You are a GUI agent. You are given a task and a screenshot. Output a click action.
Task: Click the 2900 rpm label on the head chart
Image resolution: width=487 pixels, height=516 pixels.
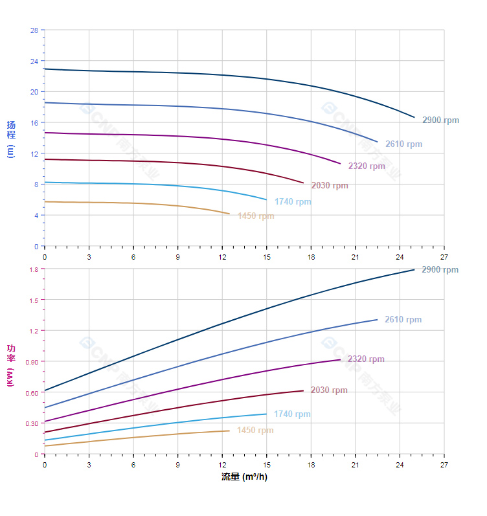pyautogui.click(x=440, y=120)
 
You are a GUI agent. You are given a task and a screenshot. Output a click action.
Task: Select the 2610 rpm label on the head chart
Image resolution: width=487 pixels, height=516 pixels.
pyautogui.click(x=403, y=144)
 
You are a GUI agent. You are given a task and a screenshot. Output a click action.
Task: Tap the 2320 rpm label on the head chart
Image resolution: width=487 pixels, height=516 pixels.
pyautogui.click(x=367, y=166)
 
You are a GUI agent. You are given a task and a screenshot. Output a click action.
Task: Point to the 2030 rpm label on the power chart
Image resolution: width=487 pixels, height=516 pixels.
pyautogui.click(x=329, y=390)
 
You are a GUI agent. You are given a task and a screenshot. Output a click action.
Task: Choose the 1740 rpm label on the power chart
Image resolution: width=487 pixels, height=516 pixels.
pyautogui.click(x=292, y=414)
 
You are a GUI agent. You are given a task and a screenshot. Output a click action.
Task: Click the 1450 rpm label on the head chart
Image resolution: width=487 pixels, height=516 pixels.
pyautogui.click(x=256, y=216)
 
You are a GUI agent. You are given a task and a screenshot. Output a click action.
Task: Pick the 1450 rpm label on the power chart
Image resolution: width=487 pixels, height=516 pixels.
pyautogui.click(x=255, y=431)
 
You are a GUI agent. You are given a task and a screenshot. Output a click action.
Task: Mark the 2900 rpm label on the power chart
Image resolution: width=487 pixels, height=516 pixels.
pyautogui.click(x=440, y=270)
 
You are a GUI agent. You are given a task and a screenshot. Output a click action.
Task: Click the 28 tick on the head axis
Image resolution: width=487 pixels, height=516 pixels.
pyautogui.click(x=34, y=30)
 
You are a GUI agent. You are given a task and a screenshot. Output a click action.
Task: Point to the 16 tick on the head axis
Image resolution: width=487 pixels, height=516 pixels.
pyautogui.click(x=34, y=122)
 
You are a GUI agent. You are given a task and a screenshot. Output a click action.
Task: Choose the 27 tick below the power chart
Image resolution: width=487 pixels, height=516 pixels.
pyautogui.click(x=444, y=466)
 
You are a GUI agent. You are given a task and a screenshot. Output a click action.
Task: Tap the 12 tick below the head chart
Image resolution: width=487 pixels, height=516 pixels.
pyautogui.click(x=222, y=257)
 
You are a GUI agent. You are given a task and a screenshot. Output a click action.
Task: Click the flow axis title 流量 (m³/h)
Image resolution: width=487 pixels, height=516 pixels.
pyautogui.click(x=244, y=477)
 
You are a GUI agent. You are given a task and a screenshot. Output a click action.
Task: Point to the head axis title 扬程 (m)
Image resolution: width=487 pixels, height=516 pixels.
pyautogui.click(x=11, y=139)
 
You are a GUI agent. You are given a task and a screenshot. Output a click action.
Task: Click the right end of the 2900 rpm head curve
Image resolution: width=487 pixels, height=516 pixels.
pyautogui.click(x=414, y=117)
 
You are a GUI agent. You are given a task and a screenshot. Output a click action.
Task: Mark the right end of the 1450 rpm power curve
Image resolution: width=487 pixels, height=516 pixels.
pyautogui.click(x=229, y=431)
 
